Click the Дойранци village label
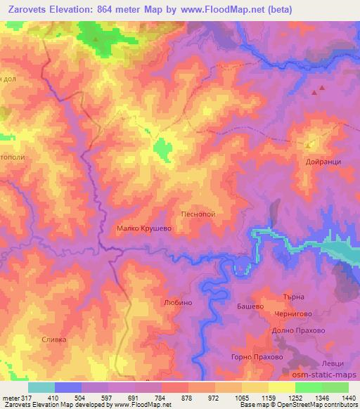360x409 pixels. (323, 160)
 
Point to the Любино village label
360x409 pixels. (177, 303)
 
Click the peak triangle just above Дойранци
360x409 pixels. (309, 145)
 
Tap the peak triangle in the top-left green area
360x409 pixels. (96, 39)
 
